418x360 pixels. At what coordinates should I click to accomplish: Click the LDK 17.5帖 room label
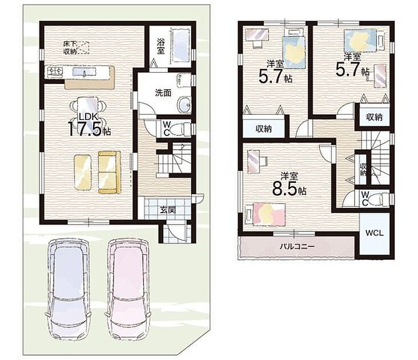click(x=89, y=125)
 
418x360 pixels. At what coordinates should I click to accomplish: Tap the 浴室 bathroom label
click(x=160, y=46)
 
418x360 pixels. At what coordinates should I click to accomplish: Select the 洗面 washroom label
click(x=163, y=93)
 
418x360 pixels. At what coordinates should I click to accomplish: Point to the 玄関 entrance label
click(x=168, y=210)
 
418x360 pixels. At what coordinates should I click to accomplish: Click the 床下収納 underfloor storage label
click(x=70, y=47)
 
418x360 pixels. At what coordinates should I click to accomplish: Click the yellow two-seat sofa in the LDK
click(x=109, y=172)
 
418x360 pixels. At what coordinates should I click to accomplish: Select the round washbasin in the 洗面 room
click(x=185, y=104)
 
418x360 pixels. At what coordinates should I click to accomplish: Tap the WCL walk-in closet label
click(x=374, y=233)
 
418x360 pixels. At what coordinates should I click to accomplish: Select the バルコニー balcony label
click(x=298, y=246)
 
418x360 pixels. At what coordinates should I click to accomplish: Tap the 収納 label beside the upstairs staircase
click(x=363, y=169)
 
